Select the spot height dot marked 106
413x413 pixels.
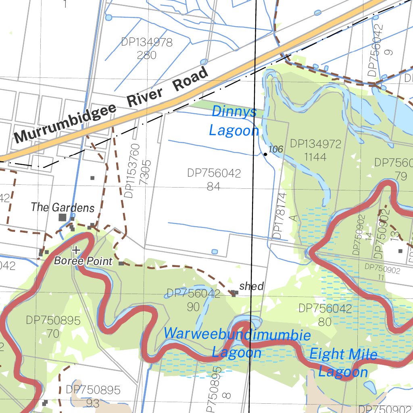pos(265,154)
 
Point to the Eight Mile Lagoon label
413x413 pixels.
pos(343,363)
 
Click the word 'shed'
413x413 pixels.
pos(251,286)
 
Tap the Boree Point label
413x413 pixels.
pos(83,261)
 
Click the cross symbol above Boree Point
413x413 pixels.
pos(76,250)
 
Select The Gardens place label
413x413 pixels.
pos(63,208)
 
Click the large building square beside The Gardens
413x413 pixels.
pos(63,217)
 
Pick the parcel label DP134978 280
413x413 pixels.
pos(147,48)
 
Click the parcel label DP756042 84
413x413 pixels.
pos(214,179)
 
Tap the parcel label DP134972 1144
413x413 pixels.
pos(315,150)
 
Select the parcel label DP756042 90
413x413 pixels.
pos(193,300)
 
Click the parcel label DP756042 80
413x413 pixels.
pos(325,315)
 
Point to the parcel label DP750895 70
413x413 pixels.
pos(53,327)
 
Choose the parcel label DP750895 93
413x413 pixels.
pos(93,396)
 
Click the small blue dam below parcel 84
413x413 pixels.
pos(215,252)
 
